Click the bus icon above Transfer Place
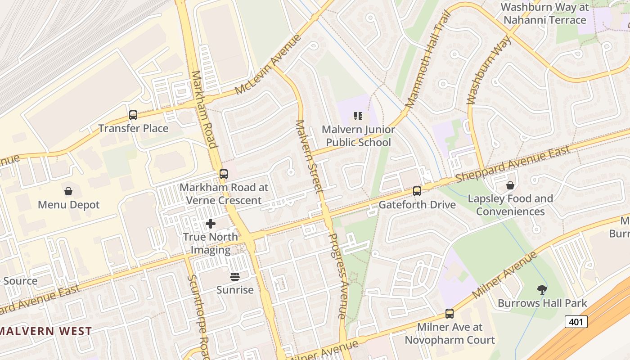[x=133, y=115]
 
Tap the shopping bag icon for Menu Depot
[x=68, y=192]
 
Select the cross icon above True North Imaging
[x=210, y=224]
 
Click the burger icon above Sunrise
[x=235, y=276]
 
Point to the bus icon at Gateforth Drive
[x=417, y=191]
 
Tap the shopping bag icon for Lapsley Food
[x=510, y=185]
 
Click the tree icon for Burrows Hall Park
[x=542, y=290]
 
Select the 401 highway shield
[x=576, y=321]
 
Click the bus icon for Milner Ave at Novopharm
[x=449, y=314]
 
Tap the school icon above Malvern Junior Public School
[x=358, y=117]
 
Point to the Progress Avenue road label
[x=338, y=275]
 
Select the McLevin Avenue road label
[x=268, y=64]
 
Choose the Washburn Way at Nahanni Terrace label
[x=544, y=13]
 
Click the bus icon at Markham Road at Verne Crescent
[x=224, y=174]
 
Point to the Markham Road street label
[x=204, y=109]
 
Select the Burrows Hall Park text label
[x=542, y=303]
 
